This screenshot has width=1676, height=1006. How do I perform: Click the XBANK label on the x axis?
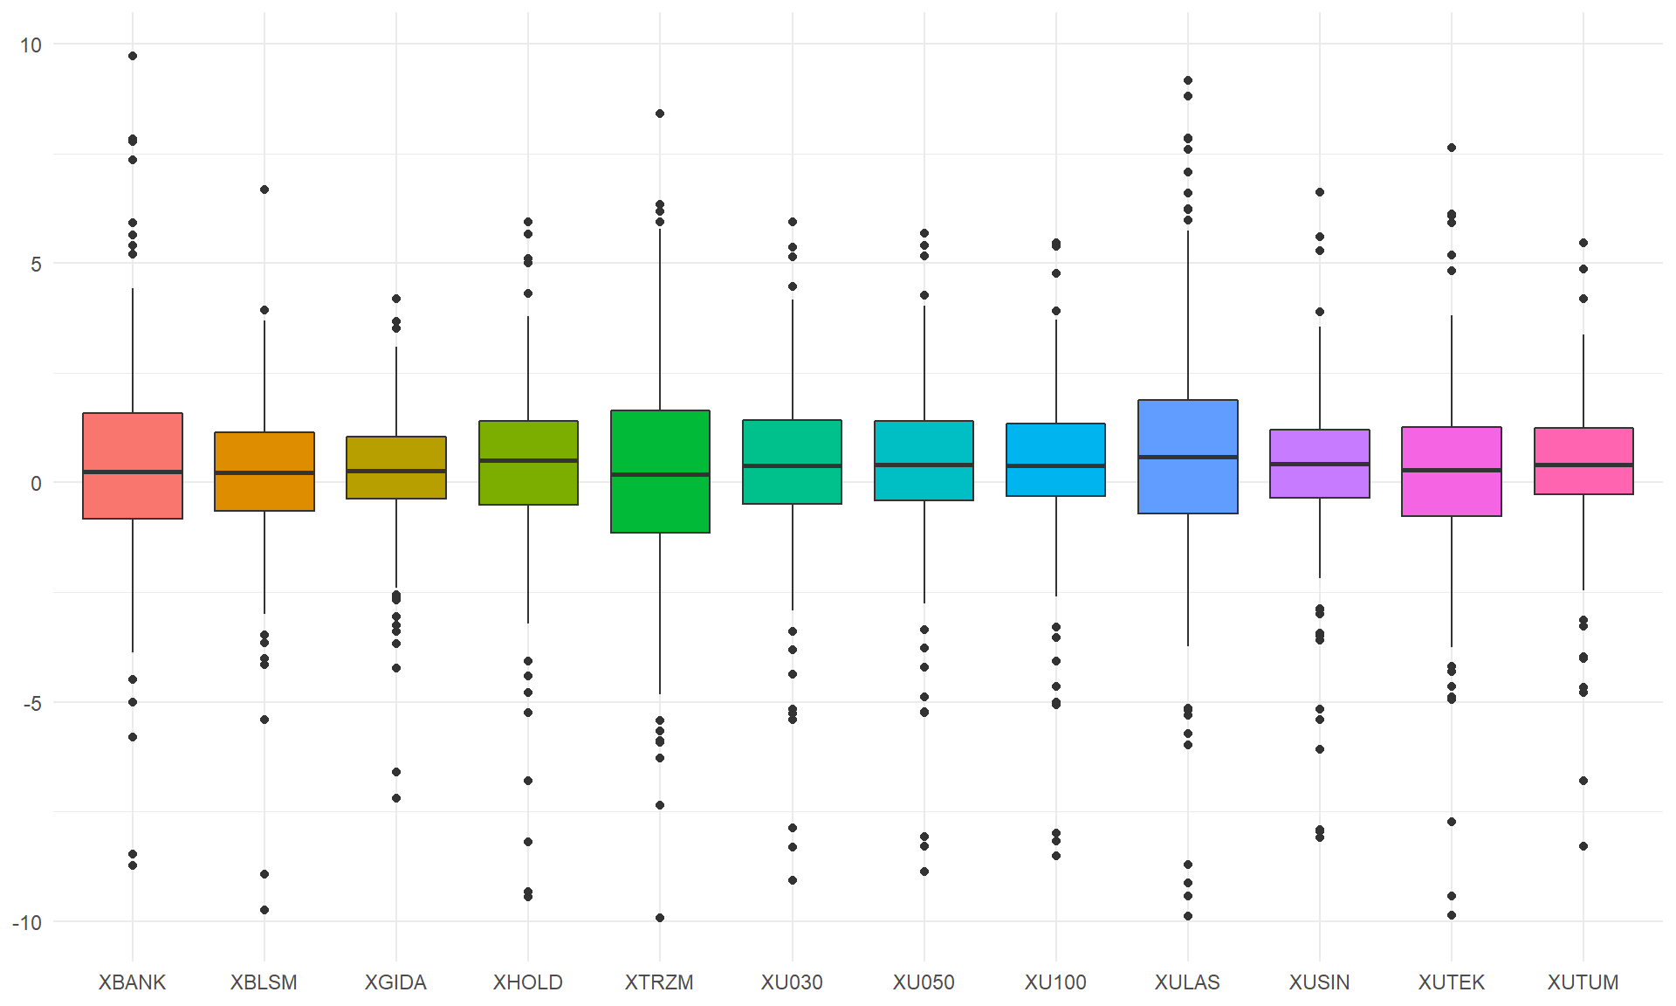(132, 982)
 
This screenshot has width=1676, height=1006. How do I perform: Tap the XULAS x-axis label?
(1187, 982)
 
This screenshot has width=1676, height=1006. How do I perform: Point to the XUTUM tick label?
(1583, 982)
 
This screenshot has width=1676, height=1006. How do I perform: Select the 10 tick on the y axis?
(31, 45)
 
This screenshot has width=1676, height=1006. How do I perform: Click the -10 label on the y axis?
(27, 922)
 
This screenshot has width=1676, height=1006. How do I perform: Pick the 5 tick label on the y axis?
(36, 264)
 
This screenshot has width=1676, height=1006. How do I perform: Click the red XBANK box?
(133, 465)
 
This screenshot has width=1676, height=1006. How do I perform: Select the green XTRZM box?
(660, 472)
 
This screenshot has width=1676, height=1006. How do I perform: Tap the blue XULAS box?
(1188, 457)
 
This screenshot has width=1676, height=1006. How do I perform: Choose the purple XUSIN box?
(1320, 464)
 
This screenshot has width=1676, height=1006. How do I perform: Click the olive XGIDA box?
(396, 467)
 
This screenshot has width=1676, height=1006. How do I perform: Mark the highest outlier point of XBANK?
(133, 56)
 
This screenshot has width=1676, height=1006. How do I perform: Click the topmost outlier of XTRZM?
(660, 114)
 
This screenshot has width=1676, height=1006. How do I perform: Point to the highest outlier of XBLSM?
(264, 189)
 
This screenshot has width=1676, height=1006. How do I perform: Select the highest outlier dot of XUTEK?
(1452, 148)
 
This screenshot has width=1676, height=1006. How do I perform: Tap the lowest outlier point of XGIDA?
(396, 798)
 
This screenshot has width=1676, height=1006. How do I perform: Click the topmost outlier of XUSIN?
(1320, 192)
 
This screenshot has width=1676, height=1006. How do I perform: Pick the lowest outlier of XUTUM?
(1583, 846)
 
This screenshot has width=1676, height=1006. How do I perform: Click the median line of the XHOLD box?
(528, 460)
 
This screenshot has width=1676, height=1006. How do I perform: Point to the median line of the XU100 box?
(1056, 465)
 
